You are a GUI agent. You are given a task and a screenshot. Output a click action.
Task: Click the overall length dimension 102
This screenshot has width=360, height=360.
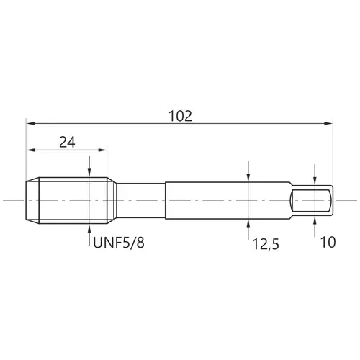click(x=181, y=116)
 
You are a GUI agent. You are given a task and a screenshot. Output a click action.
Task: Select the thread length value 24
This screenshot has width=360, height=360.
click(x=67, y=142)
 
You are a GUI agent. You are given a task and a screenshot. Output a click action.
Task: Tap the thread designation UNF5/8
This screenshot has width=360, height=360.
click(x=119, y=243)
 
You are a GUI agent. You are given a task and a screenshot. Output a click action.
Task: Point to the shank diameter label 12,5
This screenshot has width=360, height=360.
click(x=266, y=245)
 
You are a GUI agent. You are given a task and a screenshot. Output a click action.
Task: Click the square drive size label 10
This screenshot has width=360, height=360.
click(x=328, y=242)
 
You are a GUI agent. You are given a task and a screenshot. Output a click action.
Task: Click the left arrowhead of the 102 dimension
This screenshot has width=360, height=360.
click(x=31, y=123)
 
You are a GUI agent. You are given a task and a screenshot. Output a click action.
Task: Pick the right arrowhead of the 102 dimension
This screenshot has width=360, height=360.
click(x=328, y=123)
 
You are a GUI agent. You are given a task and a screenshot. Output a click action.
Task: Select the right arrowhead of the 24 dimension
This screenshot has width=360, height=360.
click(x=102, y=150)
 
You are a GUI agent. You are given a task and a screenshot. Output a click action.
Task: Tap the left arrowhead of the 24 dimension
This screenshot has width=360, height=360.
click(x=31, y=150)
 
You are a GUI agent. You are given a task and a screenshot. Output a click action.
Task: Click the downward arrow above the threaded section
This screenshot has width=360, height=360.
click(x=89, y=166)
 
